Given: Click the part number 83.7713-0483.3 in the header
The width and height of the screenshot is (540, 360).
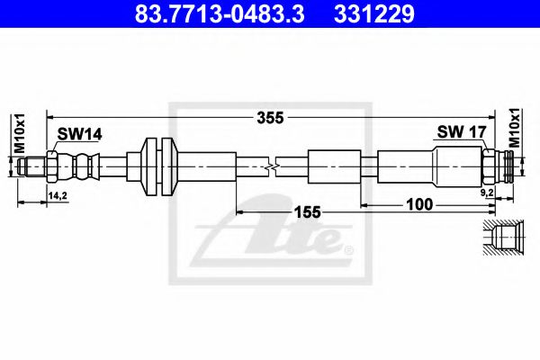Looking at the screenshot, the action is click(x=220, y=14).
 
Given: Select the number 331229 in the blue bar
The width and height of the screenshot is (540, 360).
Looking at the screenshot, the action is click(x=374, y=14).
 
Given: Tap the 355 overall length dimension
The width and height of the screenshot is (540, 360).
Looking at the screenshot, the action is click(x=270, y=118).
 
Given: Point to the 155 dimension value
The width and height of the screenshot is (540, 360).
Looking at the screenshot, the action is click(x=307, y=212).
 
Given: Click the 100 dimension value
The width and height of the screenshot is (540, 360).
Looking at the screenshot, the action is click(x=419, y=204).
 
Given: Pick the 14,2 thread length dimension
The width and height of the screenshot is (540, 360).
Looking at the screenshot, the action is click(x=58, y=195).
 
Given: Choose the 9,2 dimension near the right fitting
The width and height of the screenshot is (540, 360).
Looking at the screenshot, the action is click(x=487, y=193).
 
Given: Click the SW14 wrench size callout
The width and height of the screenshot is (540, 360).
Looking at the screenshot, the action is click(x=79, y=134).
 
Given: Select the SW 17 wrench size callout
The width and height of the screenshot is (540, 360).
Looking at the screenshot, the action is click(x=462, y=131).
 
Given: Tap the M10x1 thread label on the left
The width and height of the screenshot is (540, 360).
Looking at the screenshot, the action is click(x=20, y=133).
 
